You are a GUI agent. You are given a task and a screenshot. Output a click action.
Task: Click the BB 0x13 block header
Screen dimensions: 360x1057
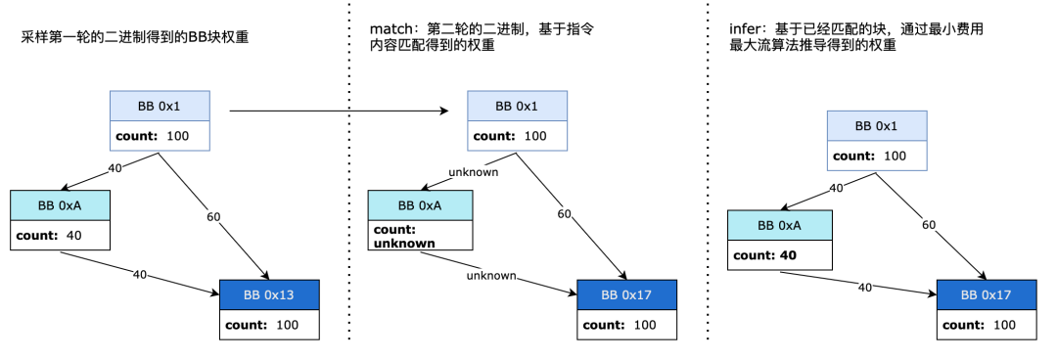[x=269, y=294]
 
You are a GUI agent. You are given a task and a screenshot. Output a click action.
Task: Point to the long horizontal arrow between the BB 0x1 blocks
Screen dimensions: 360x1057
[x=343, y=111]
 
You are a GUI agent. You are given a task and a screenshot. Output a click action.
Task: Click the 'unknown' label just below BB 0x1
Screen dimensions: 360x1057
[x=474, y=172]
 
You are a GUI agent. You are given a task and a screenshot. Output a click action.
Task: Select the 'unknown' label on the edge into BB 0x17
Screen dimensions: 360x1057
[x=491, y=276]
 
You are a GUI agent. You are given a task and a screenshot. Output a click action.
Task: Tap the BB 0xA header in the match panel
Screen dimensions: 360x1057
[x=420, y=205]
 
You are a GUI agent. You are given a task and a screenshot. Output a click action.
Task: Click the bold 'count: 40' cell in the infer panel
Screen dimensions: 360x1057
[x=779, y=255]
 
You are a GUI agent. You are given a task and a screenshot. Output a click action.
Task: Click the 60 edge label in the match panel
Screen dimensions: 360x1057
[x=566, y=213]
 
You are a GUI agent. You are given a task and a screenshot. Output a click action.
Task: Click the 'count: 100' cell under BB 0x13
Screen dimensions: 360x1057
[x=269, y=324]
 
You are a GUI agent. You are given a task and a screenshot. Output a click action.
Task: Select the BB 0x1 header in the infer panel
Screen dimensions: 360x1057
[x=876, y=126]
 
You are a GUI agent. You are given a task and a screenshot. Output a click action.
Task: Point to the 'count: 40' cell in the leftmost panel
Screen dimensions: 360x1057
[x=60, y=235]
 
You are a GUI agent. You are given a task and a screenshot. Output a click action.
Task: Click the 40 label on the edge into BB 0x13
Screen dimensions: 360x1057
[x=139, y=275]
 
